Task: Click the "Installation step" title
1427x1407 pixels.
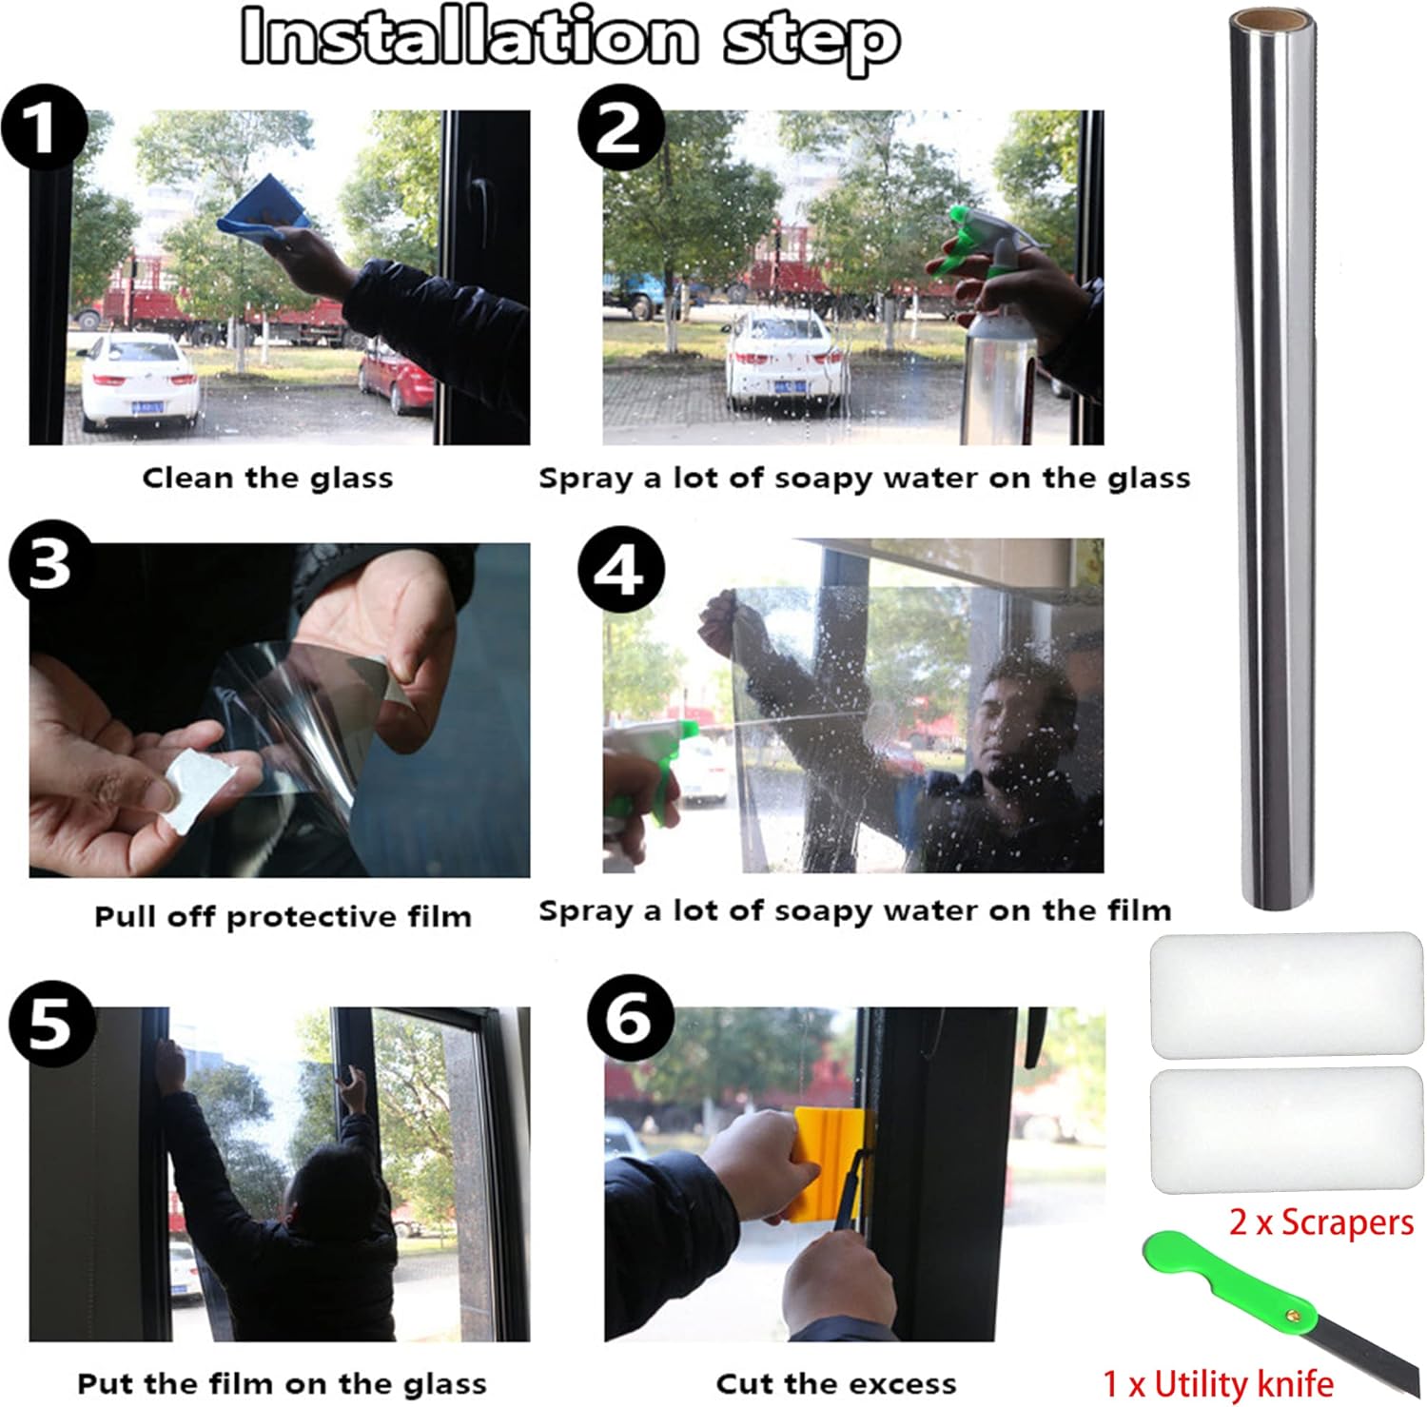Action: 571,38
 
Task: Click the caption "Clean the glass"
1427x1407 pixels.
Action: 267,478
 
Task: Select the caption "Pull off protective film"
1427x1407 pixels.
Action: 283,916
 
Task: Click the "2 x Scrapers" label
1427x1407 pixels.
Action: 1321,1222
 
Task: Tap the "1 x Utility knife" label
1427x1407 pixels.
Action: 1218,1382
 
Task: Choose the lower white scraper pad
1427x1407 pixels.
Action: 1286,1131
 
